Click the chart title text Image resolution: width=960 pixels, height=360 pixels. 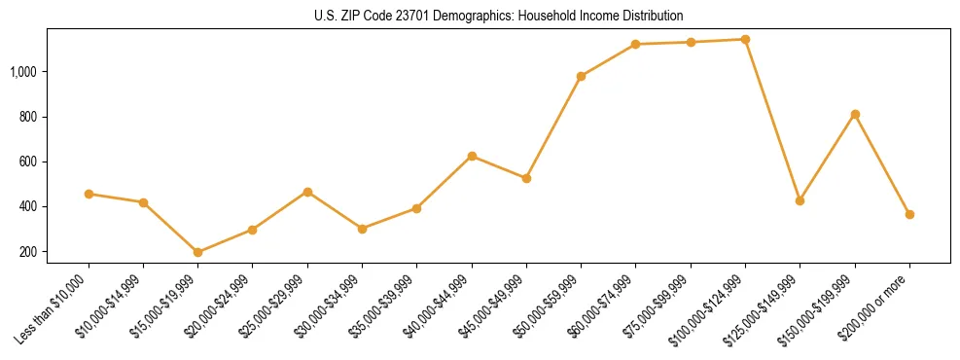click(498, 16)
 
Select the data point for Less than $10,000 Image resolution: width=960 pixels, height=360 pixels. click(89, 194)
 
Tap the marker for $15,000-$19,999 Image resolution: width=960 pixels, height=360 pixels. click(198, 252)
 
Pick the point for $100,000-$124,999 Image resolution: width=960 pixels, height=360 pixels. click(745, 40)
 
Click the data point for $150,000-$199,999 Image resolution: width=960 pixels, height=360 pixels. click(855, 114)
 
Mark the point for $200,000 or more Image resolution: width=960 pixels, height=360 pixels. click(909, 214)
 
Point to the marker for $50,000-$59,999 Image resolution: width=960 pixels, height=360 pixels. click(581, 76)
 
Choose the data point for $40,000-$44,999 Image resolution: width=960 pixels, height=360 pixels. click(472, 156)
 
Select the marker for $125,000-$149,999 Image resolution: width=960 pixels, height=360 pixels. click(800, 200)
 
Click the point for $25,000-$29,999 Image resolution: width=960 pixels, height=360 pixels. click(307, 192)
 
